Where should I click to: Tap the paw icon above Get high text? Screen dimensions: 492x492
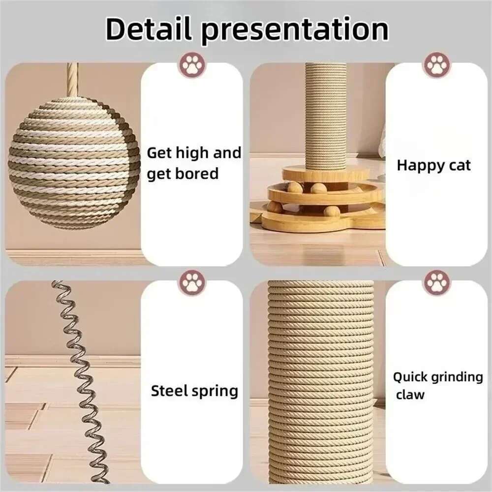click(x=192, y=64)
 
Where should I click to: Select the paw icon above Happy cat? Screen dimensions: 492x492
click(x=437, y=64)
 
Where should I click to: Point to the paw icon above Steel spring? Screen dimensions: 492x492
click(x=192, y=282)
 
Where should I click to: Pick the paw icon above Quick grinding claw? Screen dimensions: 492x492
click(x=437, y=282)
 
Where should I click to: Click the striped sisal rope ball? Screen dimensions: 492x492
click(x=74, y=162)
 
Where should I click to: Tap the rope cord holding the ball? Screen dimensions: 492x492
click(x=72, y=79)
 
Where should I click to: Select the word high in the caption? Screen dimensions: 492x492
click(x=193, y=153)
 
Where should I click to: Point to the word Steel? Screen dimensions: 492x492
click(x=169, y=391)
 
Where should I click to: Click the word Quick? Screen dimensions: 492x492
click(x=410, y=377)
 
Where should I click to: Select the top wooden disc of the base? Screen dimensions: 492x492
click(x=325, y=173)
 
